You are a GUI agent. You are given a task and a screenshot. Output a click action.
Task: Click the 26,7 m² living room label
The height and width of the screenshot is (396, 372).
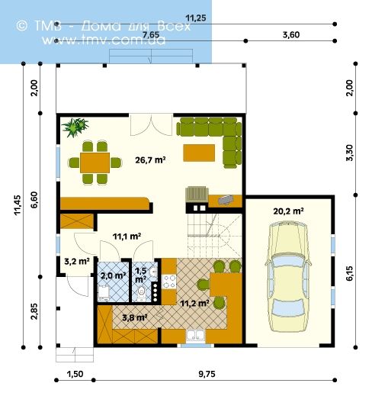150,160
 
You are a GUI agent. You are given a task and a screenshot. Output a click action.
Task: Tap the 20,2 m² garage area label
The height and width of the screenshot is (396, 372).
288,211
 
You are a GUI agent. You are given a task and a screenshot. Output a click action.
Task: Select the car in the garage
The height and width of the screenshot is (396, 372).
288,276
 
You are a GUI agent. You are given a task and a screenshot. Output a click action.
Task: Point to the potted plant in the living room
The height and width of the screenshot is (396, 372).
75,127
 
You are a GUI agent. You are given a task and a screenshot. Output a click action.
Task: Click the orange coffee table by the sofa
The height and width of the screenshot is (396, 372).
199,153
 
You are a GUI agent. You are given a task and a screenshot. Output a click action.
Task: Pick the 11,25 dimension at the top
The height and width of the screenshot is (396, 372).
196,18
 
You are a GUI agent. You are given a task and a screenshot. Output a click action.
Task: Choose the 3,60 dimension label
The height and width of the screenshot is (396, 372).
291,34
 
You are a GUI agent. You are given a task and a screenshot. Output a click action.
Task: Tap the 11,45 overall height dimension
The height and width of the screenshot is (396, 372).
18,204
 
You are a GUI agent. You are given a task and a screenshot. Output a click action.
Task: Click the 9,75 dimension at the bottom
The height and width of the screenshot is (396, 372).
207,374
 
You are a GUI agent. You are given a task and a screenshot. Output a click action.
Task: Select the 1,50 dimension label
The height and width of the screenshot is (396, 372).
75,374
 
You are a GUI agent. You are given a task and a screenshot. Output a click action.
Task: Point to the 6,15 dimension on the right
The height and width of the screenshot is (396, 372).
349,273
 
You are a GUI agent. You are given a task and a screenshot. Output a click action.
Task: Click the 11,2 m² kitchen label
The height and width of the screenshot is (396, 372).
194,303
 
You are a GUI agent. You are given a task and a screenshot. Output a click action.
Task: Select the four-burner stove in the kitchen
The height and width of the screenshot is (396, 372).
169,282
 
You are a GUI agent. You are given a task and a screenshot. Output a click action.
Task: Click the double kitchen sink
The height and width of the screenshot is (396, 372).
195,335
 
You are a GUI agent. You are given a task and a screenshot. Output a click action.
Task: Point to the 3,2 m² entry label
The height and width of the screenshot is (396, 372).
77,261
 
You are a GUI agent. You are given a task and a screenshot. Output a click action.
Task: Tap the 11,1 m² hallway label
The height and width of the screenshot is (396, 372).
127,237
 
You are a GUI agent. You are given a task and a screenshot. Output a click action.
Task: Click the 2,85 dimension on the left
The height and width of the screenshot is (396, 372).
34,311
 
